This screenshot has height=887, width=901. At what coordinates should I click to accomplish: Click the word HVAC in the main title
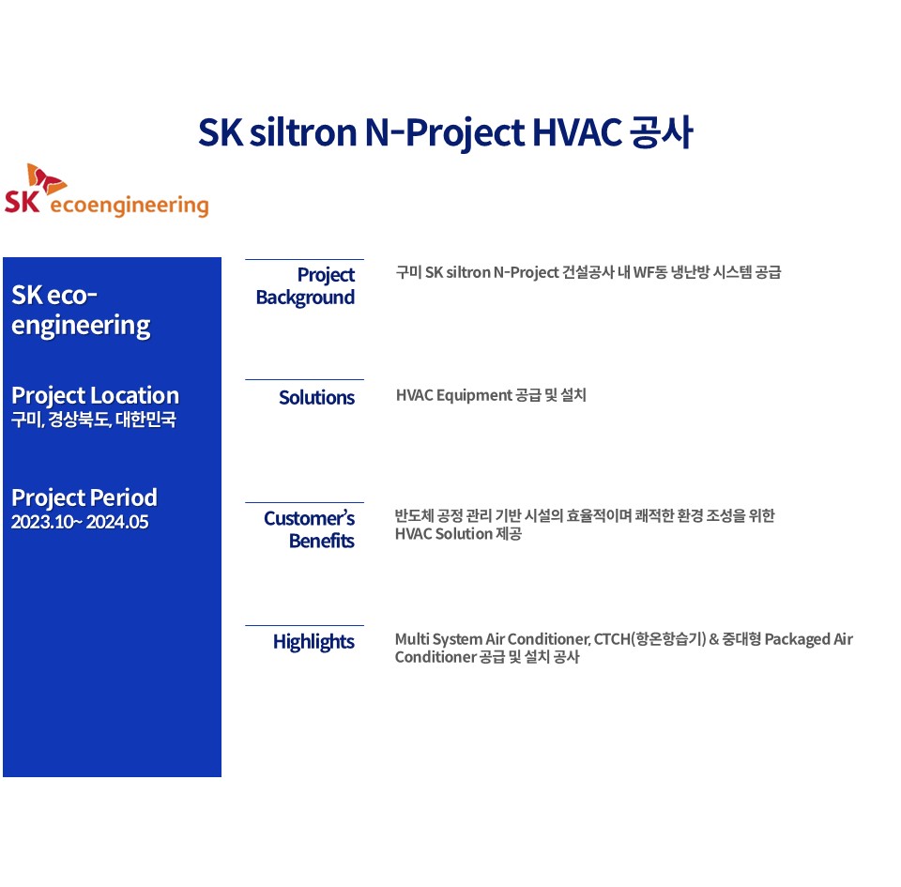pos(577,132)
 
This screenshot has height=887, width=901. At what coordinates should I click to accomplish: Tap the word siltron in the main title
pos(303,132)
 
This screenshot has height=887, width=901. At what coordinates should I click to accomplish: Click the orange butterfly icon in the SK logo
pos(45,179)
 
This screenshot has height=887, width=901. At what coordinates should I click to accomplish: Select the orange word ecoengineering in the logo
pos(130,206)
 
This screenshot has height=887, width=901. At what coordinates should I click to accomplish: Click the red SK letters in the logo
pos(22,202)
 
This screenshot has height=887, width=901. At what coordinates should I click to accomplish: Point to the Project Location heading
pos(96,395)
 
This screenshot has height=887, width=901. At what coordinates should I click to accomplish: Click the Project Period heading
pos(84,497)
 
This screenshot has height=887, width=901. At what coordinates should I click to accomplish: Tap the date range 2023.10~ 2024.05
pos(80,522)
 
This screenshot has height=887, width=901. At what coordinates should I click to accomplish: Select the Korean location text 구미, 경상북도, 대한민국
pos(94,420)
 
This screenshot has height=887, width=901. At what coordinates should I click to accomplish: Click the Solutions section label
pos(316,398)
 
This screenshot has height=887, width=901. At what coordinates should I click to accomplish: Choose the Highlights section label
pos(313,642)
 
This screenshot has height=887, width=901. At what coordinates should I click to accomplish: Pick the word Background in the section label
pos(305,298)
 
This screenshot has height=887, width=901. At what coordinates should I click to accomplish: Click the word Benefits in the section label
pos(322,542)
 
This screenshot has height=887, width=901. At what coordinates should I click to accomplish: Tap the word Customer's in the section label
pos(309,518)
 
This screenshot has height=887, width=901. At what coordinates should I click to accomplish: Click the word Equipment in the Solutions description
pos(474,396)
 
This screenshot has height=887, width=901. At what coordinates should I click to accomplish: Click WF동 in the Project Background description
pos(649,272)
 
